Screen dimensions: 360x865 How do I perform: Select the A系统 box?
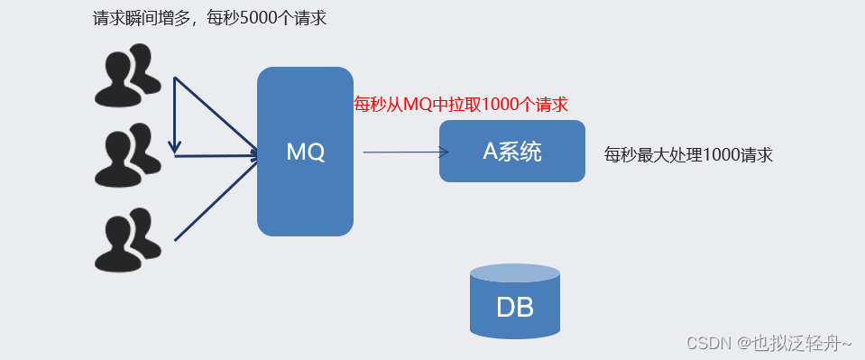(511, 152)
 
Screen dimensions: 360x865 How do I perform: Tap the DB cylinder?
(514, 302)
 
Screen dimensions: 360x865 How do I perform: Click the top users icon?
(127, 76)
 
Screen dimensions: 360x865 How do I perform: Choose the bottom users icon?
(127, 239)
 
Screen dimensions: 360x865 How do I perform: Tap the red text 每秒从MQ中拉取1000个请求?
(461, 105)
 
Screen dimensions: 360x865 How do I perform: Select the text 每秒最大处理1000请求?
(688, 155)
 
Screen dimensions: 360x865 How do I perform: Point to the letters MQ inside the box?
(305, 152)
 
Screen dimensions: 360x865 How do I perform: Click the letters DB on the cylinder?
(514, 309)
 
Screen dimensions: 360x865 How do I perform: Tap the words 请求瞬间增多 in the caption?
(134, 18)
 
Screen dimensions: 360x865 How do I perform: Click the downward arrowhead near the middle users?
(174, 147)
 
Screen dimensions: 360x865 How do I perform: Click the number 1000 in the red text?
(501, 105)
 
